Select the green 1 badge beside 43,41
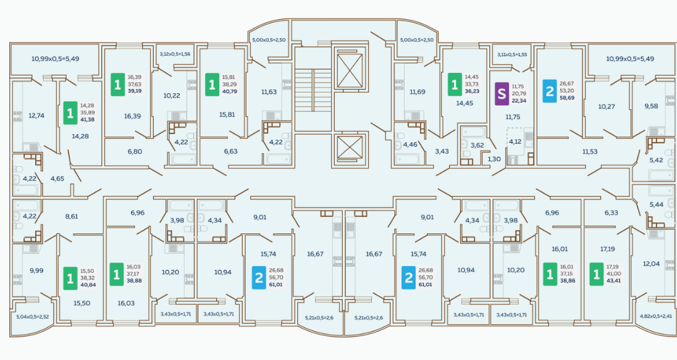click(x=596, y=274)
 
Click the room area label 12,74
click(x=36, y=115)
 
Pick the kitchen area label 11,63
click(x=269, y=92)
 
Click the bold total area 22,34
click(x=519, y=101)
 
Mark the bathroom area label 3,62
click(x=477, y=145)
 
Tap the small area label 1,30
click(x=494, y=159)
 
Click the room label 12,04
click(x=651, y=264)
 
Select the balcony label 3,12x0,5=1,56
click(x=175, y=54)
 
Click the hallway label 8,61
click(x=71, y=216)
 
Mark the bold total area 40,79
click(x=229, y=91)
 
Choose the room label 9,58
click(x=651, y=106)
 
